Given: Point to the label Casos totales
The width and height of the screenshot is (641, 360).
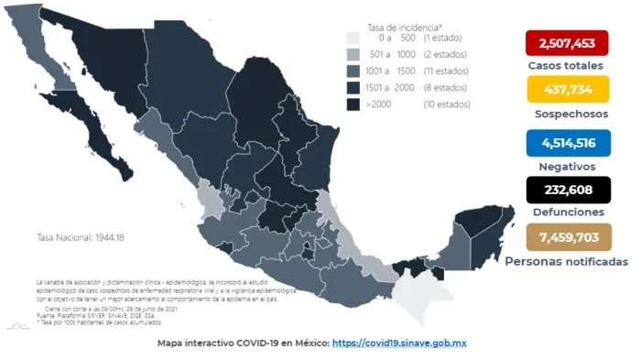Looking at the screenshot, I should (565, 66).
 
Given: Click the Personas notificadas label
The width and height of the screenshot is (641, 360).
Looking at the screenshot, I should (567, 261).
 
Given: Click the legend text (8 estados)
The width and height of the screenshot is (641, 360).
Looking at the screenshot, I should (447, 88).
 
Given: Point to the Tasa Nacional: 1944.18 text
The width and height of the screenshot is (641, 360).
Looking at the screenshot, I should (80, 237).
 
